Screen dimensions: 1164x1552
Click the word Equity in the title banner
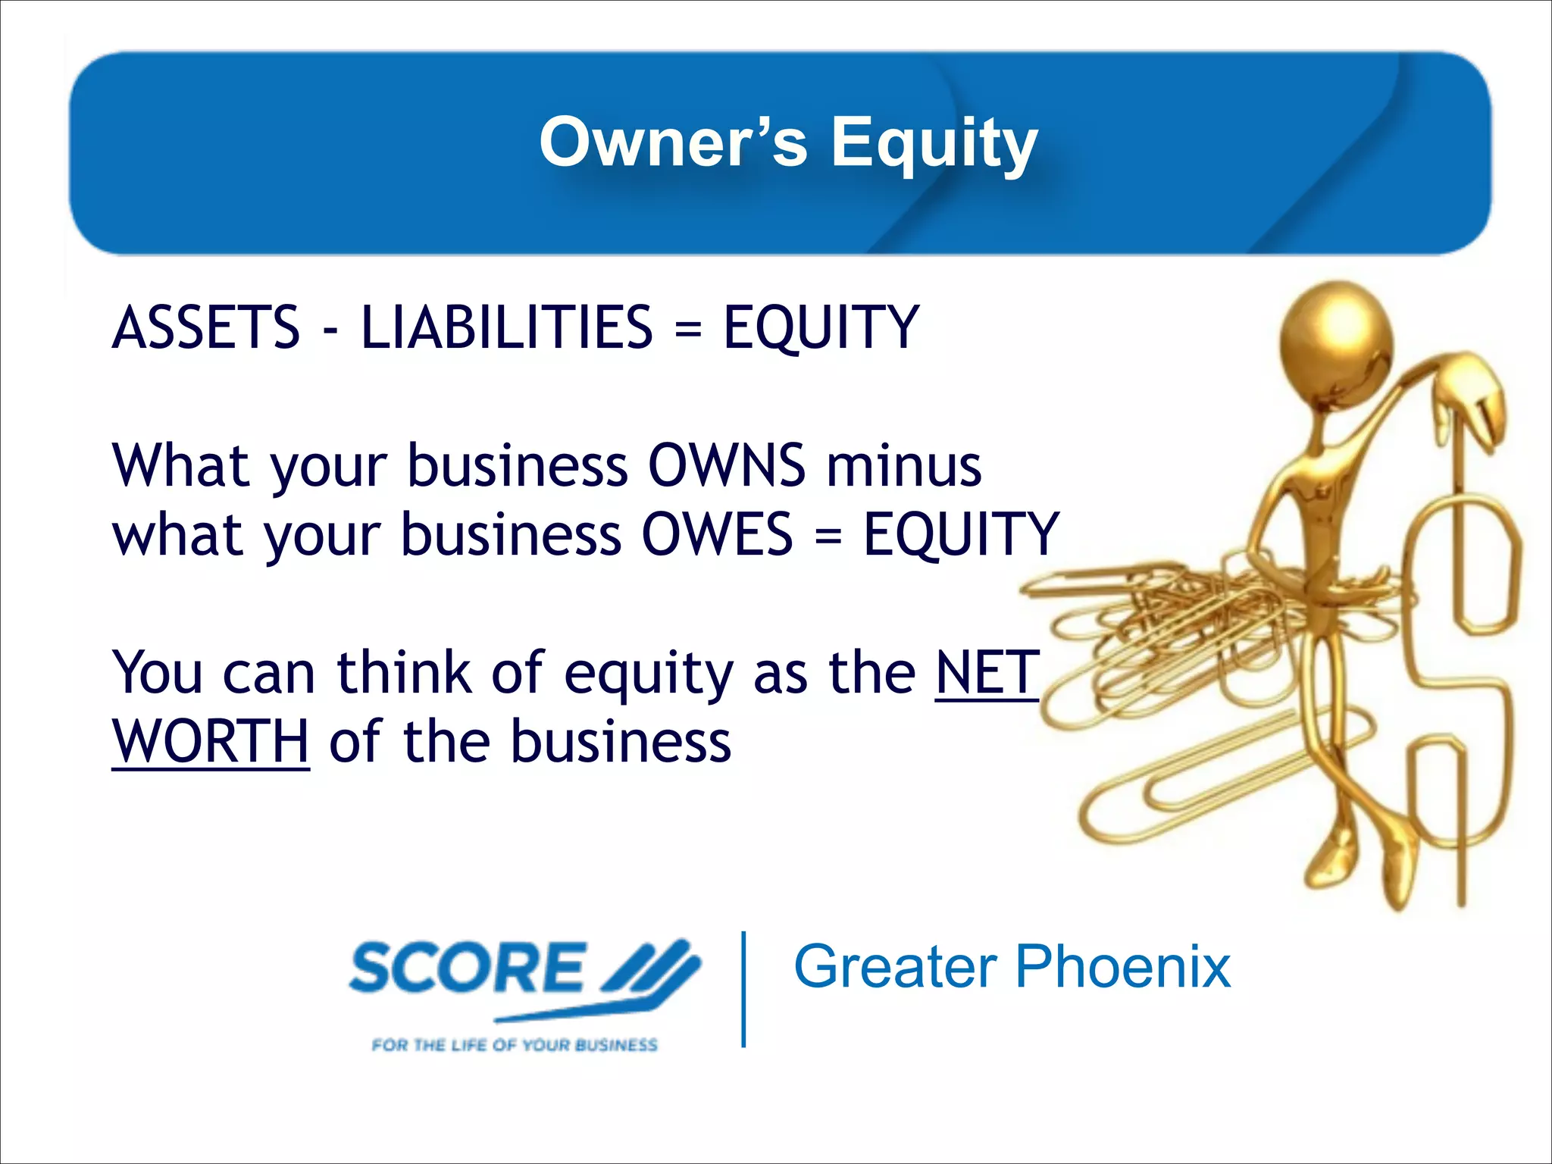pyautogui.click(x=934, y=144)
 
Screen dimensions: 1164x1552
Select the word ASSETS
pyautogui.click(x=206, y=327)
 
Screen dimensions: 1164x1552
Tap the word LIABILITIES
pyautogui.click(x=506, y=327)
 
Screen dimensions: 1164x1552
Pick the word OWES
pyautogui.click(x=717, y=534)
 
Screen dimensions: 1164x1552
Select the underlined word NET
pyautogui.click(x=987, y=672)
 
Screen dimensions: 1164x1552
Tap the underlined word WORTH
pyautogui.click(x=210, y=741)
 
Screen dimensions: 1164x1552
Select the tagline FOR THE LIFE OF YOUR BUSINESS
pyautogui.click(x=515, y=1045)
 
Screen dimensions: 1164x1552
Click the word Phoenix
pyautogui.click(x=1122, y=967)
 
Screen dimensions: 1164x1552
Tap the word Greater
pyautogui.click(x=895, y=967)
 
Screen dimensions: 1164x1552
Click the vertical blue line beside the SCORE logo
pyautogui.click(x=744, y=989)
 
